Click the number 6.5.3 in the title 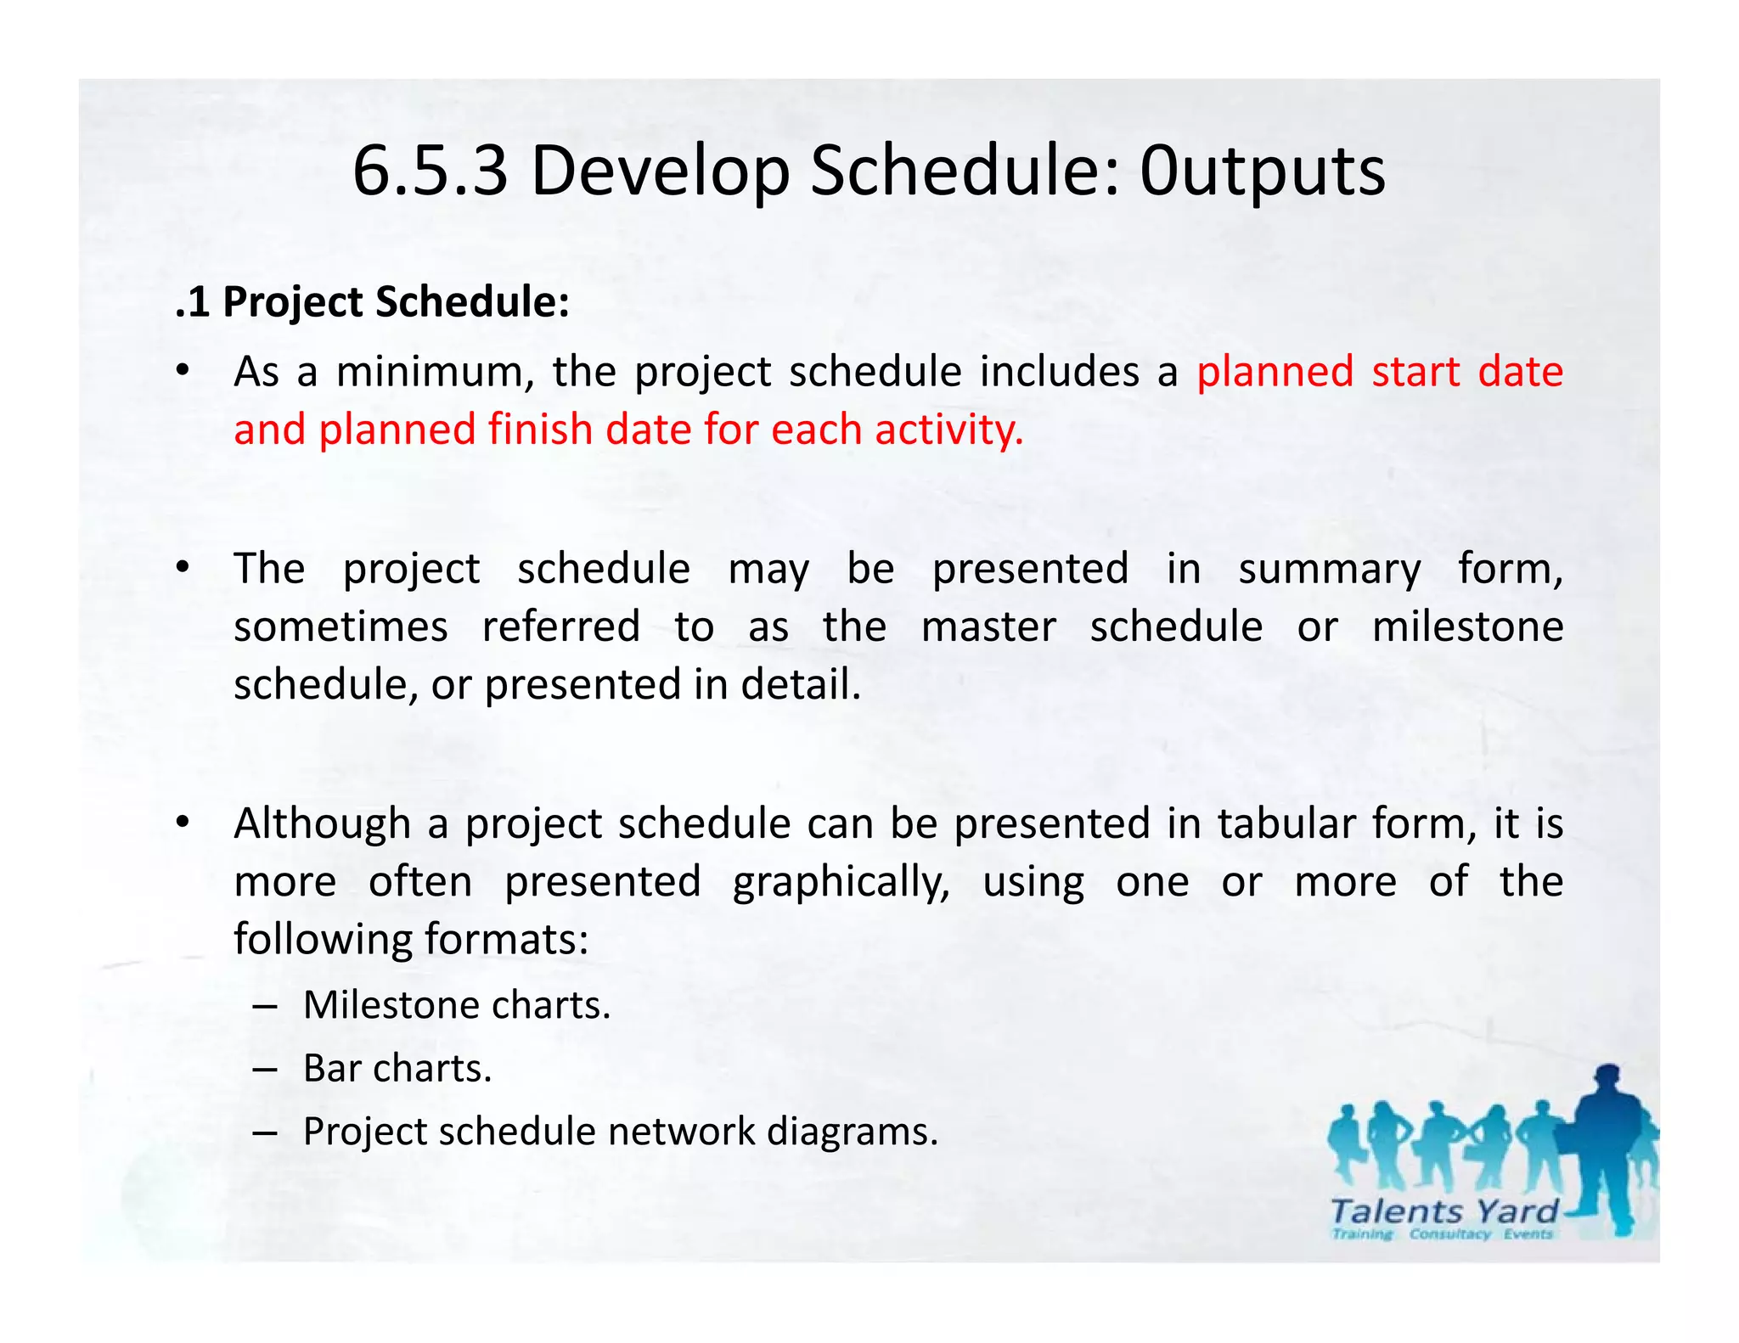tap(430, 171)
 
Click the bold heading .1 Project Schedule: tap(372, 302)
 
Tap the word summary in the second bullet tap(1329, 569)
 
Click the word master tap(988, 627)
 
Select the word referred tap(560, 627)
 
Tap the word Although tap(322, 823)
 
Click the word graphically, tap(841, 882)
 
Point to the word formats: tap(506, 939)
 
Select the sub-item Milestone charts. tap(457, 1005)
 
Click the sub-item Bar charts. tap(397, 1069)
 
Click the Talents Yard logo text tap(1444, 1211)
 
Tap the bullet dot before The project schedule tap(182, 569)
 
